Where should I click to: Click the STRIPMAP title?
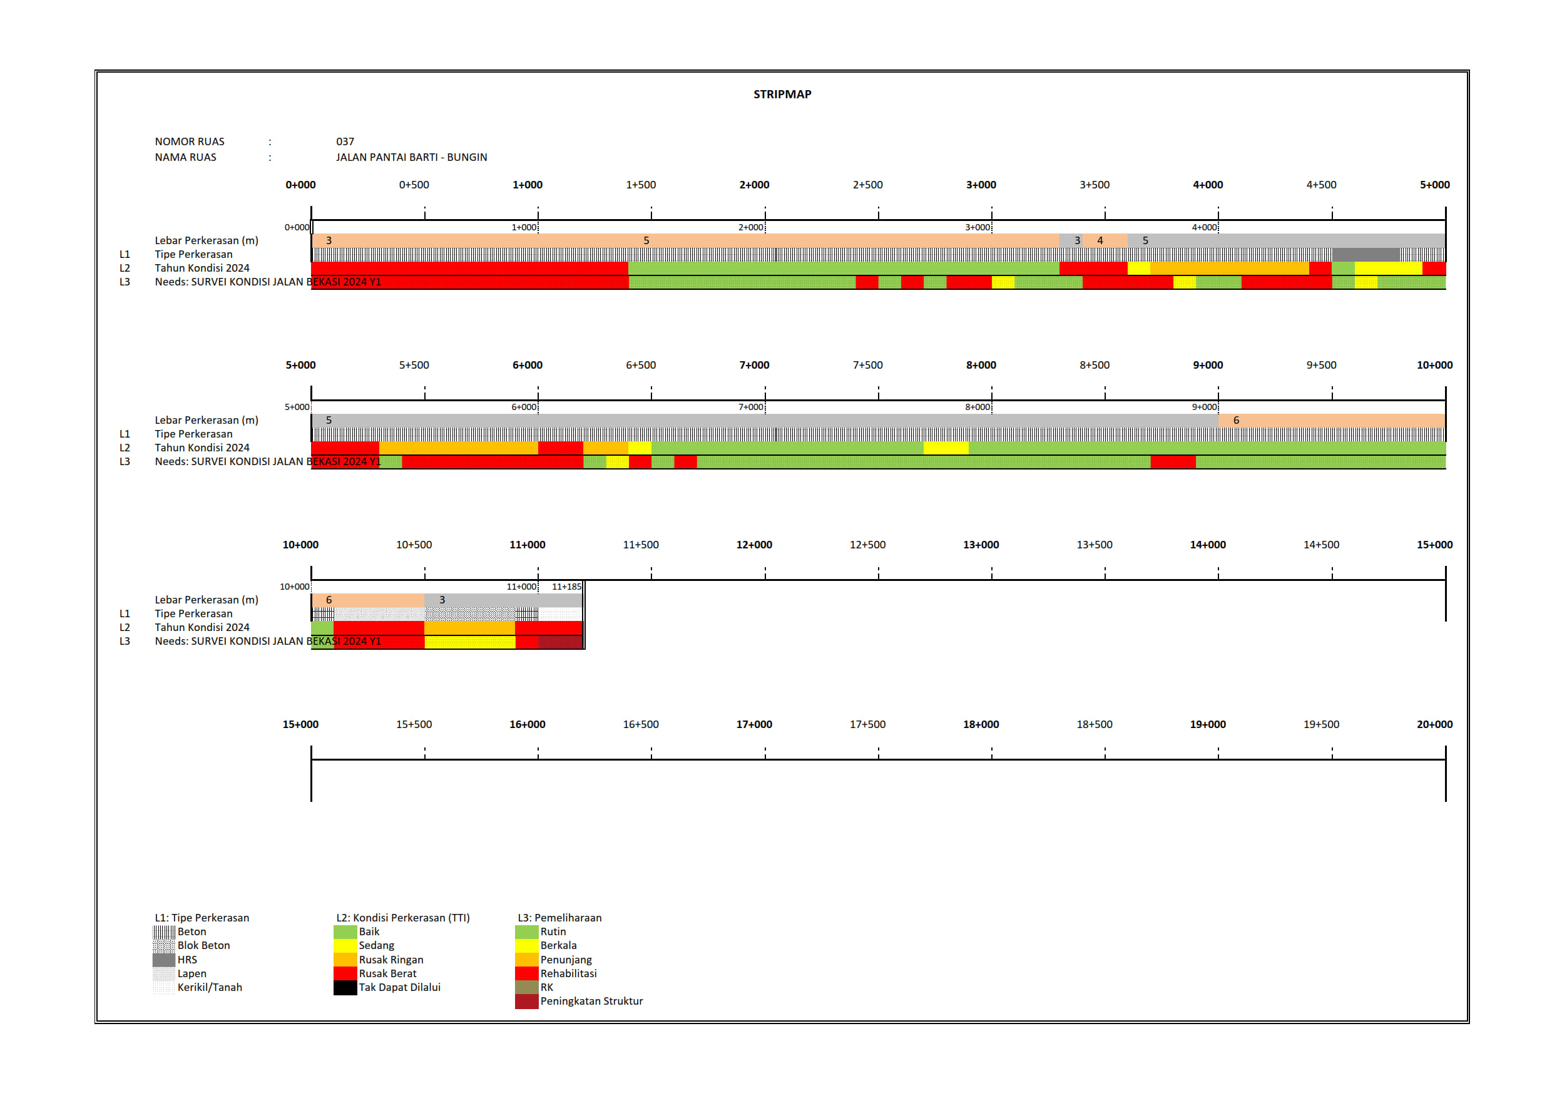point(782,94)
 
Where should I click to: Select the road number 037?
point(345,141)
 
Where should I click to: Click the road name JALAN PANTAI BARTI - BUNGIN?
point(411,157)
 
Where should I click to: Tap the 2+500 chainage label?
point(867,185)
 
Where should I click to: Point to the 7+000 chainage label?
point(753,365)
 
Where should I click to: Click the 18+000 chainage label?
point(981,724)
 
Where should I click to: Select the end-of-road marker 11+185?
point(566,586)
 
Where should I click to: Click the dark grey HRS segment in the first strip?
point(1366,254)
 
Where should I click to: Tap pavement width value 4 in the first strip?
point(1100,240)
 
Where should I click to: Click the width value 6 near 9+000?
point(1235,420)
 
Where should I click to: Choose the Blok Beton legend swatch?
point(163,945)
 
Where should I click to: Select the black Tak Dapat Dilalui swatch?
point(345,987)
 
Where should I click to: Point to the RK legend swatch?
point(526,987)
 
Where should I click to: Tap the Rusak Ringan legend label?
point(391,960)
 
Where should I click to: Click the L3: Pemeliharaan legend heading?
point(559,918)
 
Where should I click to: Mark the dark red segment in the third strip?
point(560,642)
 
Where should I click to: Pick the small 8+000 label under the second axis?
point(977,407)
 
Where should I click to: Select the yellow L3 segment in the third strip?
point(470,642)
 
